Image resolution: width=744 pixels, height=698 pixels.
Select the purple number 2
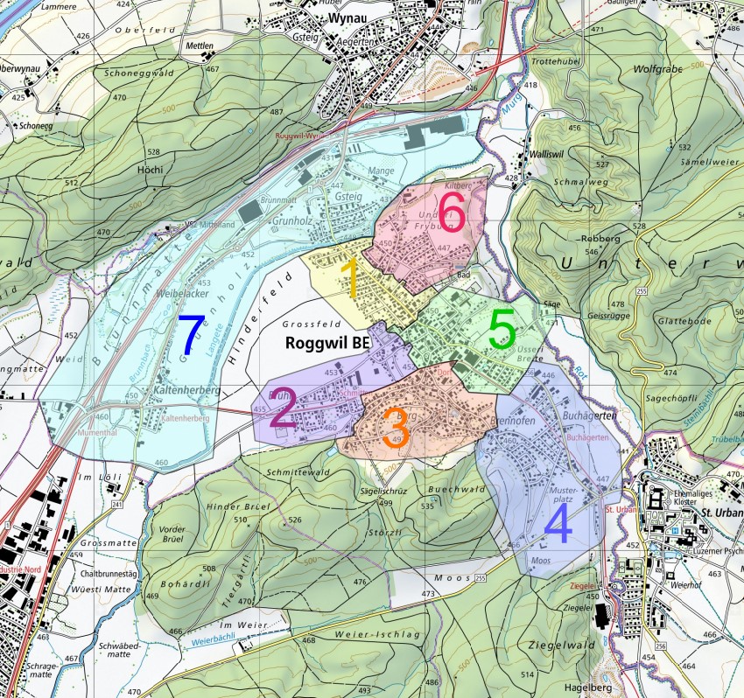[283, 410]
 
